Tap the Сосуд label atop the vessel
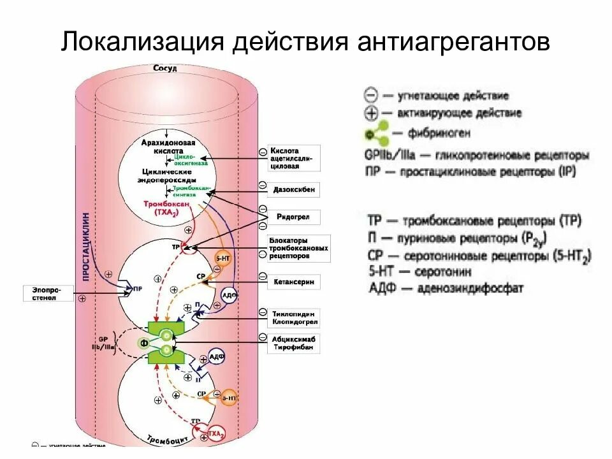click(165, 68)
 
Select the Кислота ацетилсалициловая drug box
click(294, 157)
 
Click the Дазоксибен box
click(294, 190)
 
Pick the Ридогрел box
click(294, 217)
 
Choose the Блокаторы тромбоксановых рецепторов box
click(298, 248)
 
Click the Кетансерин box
click(294, 281)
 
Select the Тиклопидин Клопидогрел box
click(294, 317)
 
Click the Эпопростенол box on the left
click(48, 293)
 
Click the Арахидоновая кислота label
click(168, 147)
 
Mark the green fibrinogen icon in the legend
click(375, 134)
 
